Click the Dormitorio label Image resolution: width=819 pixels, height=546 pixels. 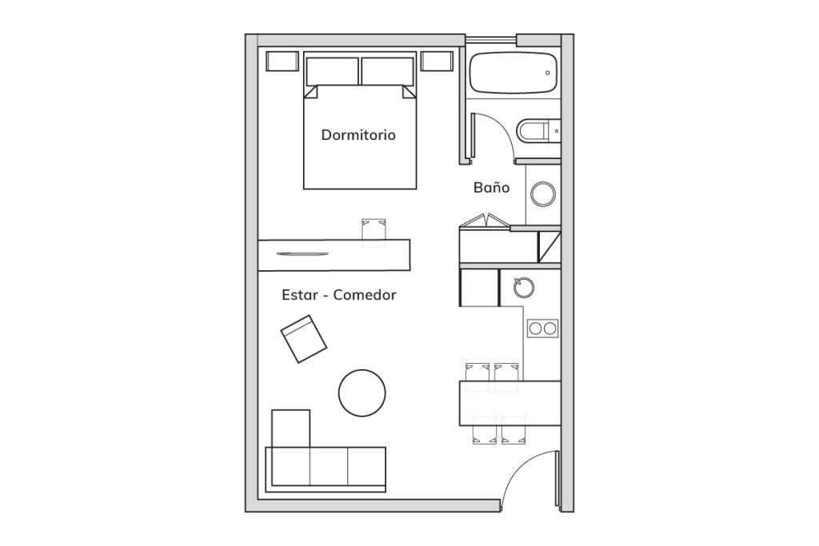(358, 134)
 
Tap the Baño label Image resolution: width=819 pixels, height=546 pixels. (492, 187)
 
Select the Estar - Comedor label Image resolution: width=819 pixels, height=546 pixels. (339, 295)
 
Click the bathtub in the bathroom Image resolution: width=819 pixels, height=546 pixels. (513, 73)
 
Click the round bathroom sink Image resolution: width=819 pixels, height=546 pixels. (543, 194)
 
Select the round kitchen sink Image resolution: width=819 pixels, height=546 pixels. (523, 287)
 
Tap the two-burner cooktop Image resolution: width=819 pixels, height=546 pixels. (543, 329)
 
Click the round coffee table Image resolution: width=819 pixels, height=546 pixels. (362, 393)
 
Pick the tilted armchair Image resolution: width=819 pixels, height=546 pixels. (303, 339)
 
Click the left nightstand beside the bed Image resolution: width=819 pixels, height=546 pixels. (282, 61)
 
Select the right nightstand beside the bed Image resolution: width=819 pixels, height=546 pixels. (437, 61)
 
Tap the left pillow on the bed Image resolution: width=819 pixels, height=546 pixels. (332, 71)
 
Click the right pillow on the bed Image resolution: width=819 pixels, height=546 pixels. (388, 71)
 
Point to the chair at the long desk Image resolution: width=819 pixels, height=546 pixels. (374, 230)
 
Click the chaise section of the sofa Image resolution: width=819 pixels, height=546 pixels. (291, 428)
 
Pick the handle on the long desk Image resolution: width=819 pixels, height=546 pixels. (302, 254)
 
